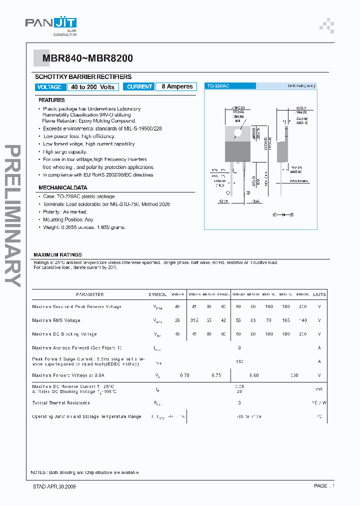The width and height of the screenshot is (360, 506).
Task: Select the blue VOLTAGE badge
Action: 49,87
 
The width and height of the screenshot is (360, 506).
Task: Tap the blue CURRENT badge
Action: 139,86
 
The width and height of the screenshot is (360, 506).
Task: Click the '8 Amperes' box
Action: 176,86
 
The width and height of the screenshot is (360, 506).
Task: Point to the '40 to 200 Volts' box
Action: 92,87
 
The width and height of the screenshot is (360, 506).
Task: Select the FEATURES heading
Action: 52,100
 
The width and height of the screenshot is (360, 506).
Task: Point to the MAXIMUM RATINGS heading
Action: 57,255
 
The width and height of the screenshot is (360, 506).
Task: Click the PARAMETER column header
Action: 90,294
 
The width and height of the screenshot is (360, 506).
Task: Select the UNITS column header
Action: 319,294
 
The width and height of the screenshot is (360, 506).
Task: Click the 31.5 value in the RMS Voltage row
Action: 194,320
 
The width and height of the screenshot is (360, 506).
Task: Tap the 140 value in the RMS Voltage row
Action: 302,320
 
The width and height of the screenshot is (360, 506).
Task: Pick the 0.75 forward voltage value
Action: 216,375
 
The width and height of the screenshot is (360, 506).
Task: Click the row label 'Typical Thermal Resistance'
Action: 61,402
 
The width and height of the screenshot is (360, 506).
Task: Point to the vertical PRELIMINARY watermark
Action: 13,215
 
